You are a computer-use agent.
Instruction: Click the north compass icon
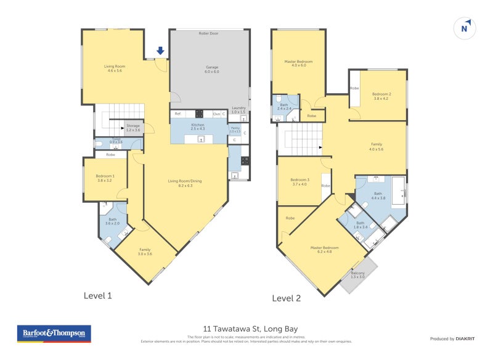click(x=465, y=28)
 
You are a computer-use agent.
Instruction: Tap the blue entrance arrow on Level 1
click(x=160, y=51)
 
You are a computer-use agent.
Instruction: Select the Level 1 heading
click(x=97, y=296)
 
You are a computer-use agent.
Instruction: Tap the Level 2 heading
click(x=286, y=298)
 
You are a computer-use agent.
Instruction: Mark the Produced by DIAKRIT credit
click(x=452, y=338)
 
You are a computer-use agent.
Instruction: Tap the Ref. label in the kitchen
click(x=177, y=114)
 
